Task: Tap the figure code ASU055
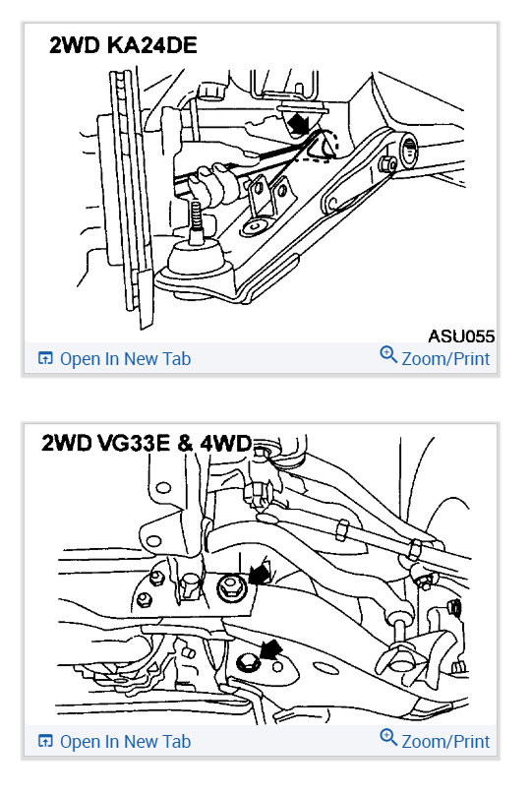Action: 459,336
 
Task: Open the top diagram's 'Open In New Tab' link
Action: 125,359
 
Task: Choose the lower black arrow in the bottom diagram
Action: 270,648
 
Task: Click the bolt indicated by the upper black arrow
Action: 229,588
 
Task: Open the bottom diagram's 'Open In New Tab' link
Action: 125,741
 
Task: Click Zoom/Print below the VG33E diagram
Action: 444,741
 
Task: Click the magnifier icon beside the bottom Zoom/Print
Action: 387,740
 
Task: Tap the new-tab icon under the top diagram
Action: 45,359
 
